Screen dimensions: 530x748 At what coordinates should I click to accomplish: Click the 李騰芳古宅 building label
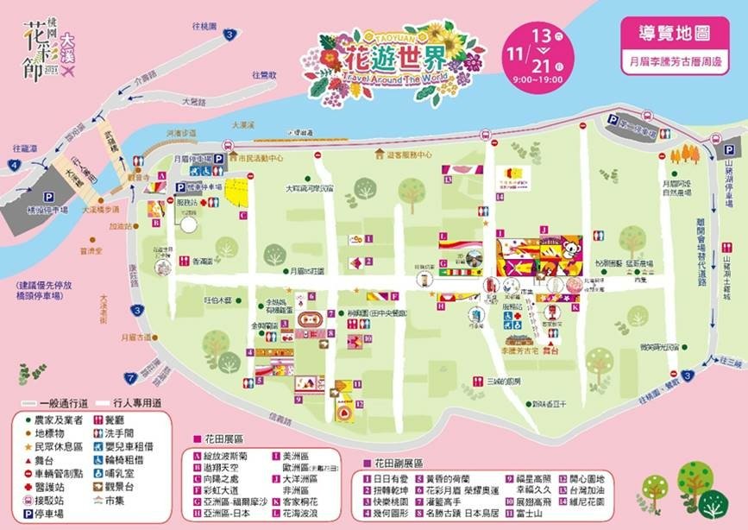[x=521, y=352]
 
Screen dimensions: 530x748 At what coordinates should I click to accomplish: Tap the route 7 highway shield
[x=130, y=377]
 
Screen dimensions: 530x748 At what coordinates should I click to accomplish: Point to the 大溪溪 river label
[x=228, y=125]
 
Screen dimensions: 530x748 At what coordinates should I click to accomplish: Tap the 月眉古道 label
[x=135, y=338]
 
